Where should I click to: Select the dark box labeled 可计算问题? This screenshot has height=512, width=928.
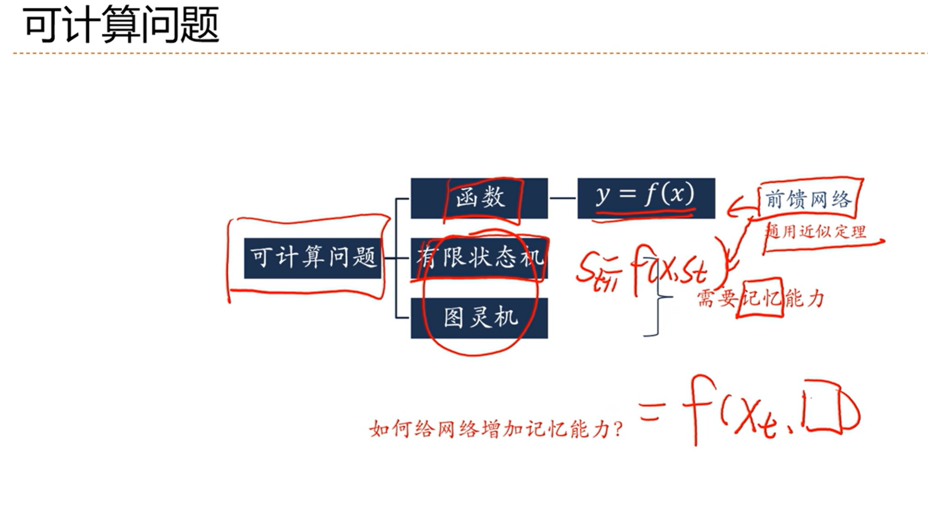pyautogui.click(x=312, y=258)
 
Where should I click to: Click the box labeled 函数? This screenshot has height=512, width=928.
pyautogui.click(x=479, y=198)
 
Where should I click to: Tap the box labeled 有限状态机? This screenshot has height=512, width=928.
pyautogui.click(x=479, y=258)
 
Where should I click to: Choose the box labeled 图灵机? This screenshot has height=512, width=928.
pyautogui.click(x=479, y=317)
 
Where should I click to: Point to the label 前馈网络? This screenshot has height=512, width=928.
pyautogui.click(x=808, y=200)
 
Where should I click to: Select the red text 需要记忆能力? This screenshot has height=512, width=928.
pyautogui.click(x=760, y=299)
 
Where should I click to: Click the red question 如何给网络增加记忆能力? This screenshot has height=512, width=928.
pyautogui.click(x=496, y=429)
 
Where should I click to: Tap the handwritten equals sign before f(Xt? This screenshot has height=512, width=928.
pyautogui.click(x=650, y=413)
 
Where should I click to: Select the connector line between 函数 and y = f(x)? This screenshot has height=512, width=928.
pyautogui.click(x=562, y=198)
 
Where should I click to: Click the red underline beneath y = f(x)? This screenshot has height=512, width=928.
pyautogui.click(x=644, y=215)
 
